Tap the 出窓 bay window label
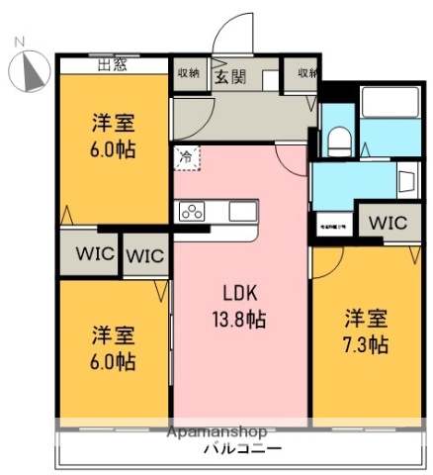[x=113, y=67]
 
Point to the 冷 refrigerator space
[x=186, y=155]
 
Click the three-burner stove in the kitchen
[x=191, y=211]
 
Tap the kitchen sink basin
[x=242, y=211]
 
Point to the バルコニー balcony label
[x=239, y=447]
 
